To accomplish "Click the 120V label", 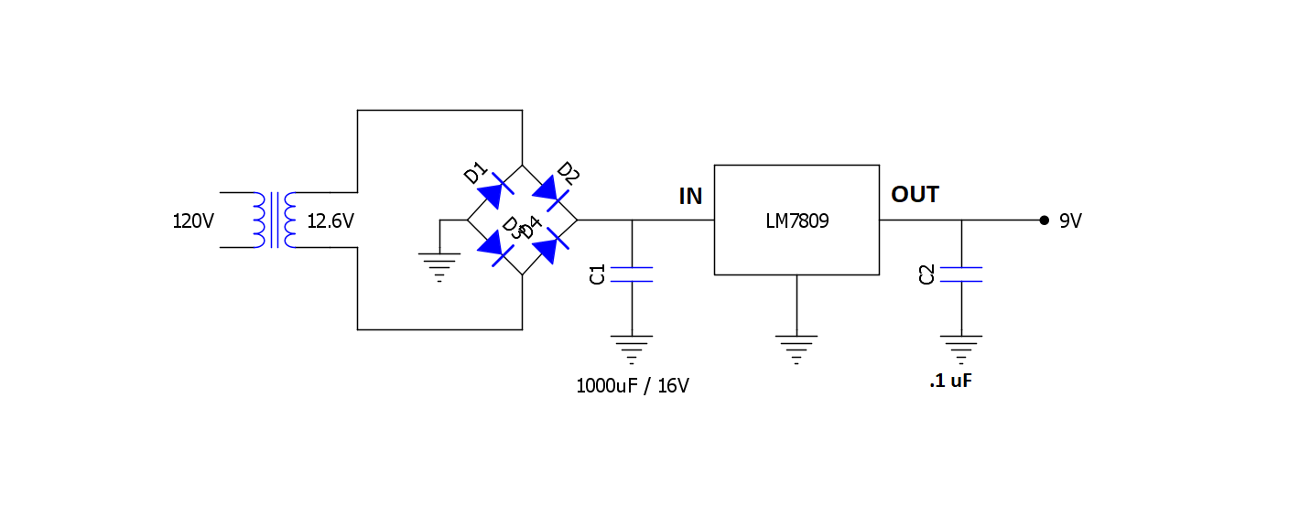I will click(x=193, y=221).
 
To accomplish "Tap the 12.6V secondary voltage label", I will click(x=330, y=221).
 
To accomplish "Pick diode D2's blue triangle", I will click(x=549, y=190).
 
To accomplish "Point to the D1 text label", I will click(x=475, y=172).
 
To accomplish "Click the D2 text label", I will click(x=569, y=172).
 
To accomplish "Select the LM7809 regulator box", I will click(x=796, y=220).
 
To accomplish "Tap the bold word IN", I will click(x=690, y=196).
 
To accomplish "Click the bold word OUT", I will click(x=915, y=195).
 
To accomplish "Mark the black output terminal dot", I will click(x=1044, y=220).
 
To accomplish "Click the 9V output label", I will click(x=1070, y=221).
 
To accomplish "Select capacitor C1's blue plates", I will click(x=632, y=274).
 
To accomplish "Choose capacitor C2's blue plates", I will click(x=961, y=274).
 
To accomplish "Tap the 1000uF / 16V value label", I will click(x=632, y=386).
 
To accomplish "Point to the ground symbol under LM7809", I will click(x=796, y=349).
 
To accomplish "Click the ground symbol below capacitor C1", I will click(x=632, y=349).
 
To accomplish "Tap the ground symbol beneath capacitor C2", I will click(x=961, y=349).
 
